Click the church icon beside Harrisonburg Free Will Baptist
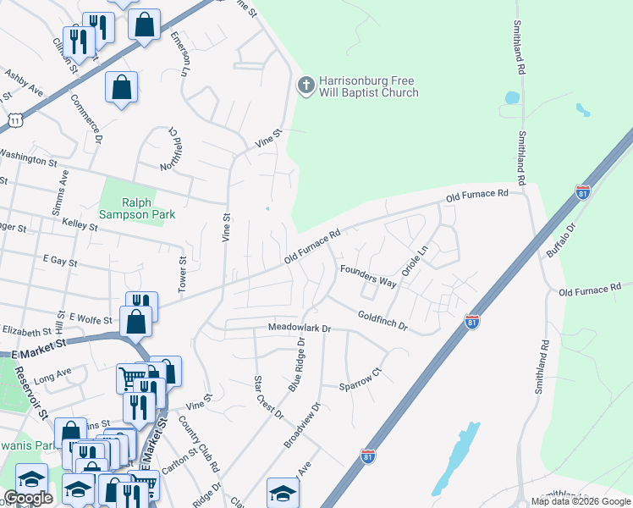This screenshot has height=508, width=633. click(305, 85)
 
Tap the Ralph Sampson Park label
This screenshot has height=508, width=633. click(137, 208)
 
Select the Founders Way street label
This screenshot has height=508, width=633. click(368, 275)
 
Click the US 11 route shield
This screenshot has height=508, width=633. click(14, 121)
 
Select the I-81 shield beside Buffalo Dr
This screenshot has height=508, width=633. click(582, 192)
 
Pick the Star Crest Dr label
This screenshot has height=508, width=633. click(269, 396)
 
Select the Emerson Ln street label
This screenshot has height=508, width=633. click(178, 55)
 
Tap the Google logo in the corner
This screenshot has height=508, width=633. click(28, 498)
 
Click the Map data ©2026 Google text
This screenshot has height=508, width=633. click(581, 501)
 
